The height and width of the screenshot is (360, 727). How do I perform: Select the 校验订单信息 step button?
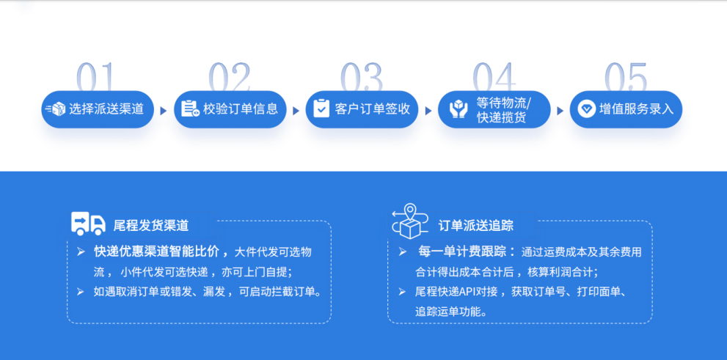click(230, 109)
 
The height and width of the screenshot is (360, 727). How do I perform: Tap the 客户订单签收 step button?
click(362, 109)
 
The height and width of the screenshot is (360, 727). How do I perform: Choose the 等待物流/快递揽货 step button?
click(494, 109)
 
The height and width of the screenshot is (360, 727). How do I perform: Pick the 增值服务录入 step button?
click(626, 109)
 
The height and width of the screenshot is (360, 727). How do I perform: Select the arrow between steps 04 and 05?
click(560, 111)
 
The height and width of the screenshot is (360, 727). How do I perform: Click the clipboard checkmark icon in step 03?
click(321, 109)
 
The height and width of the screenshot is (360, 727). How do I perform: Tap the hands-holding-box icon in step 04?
click(458, 109)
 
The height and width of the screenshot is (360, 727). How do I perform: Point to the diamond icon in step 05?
click(586, 109)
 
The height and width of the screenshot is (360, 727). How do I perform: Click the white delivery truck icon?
click(88, 223)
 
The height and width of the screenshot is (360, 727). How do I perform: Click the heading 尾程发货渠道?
click(151, 225)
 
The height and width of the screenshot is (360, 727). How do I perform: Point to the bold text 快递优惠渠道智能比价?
click(157, 252)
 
